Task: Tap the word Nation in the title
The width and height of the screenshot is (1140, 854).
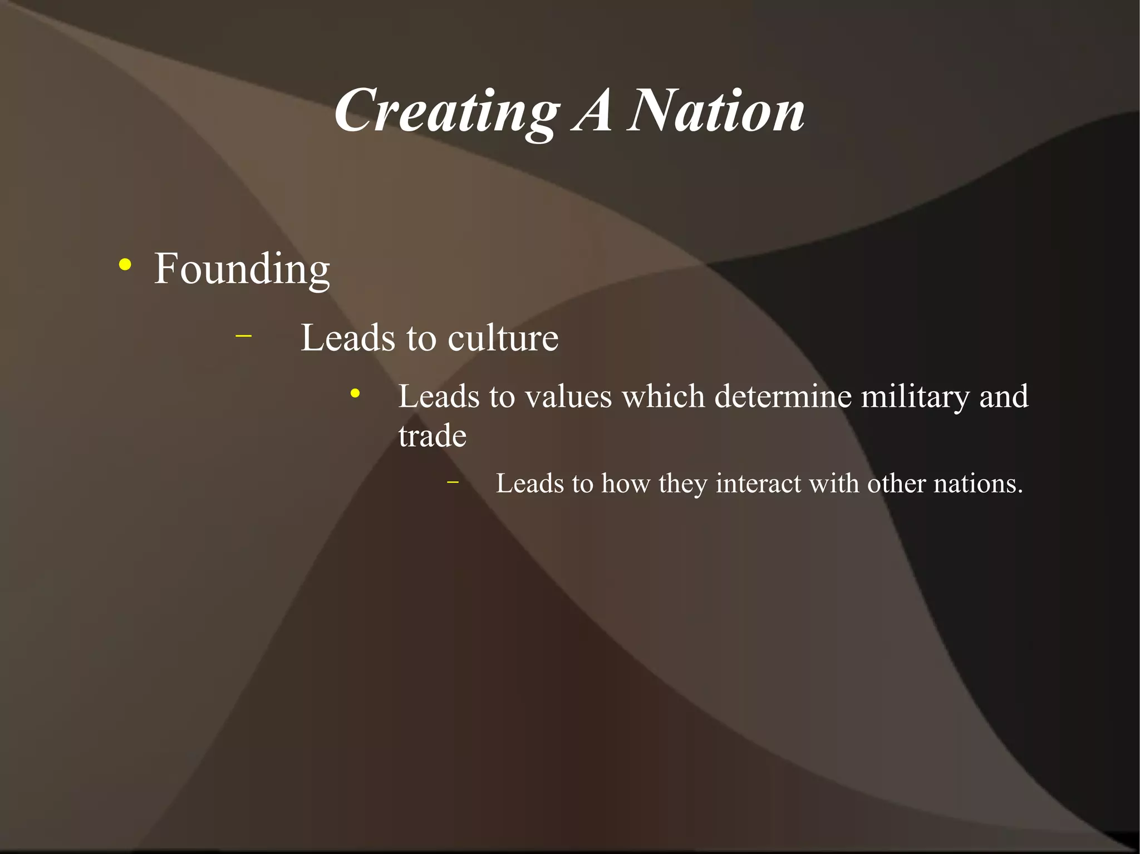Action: click(x=716, y=111)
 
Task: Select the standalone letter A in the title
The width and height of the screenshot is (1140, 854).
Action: click(x=593, y=111)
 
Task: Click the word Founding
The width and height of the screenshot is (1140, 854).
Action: click(x=242, y=269)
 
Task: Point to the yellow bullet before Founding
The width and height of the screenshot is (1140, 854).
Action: click(x=125, y=265)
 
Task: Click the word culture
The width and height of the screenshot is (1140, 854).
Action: click(x=503, y=338)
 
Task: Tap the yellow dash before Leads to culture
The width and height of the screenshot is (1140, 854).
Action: click(x=243, y=335)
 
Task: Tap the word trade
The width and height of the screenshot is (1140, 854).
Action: click(x=433, y=436)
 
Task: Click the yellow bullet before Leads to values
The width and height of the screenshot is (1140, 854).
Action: click(x=355, y=394)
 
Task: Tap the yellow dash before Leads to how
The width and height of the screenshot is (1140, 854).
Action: click(x=453, y=482)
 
